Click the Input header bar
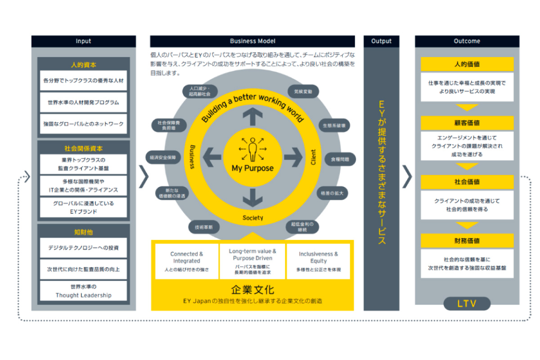tap(83, 41)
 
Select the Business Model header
tap(252, 41)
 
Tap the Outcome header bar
tap(467, 41)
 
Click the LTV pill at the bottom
tap(467, 304)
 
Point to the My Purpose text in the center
tap(252, 168)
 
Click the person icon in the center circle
tap(252, 149)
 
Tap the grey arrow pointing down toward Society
tap(252, 197)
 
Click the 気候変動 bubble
tap(303, 91)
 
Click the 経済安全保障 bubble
tap(163, 157)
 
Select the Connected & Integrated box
tap(187, 261)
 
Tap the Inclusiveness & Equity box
tap(318, 261)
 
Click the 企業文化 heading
tap(252, 288)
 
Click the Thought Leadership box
tap(83, 291)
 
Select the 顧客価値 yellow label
tap(467, 123)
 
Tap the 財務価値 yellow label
tap(467, 241)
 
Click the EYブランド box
tap(83, 207)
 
